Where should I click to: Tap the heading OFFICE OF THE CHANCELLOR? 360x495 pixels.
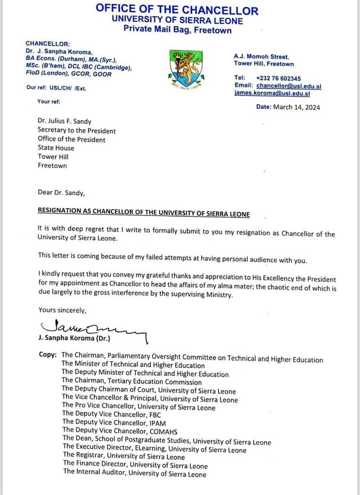click(x=177, y=9)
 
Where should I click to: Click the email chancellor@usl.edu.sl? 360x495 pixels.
click(x=289, y=86)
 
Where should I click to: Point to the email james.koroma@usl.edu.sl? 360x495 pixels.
click(x=272, y=93)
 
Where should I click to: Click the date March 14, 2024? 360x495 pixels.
click(x=288, y=107)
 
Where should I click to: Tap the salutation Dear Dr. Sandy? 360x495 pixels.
click(x=61, y=192)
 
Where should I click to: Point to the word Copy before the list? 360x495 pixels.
click(x=47, y=355)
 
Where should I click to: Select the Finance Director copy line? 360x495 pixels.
click(x=135, y=466)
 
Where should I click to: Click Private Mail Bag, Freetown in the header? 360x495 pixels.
click(x=177, y=30)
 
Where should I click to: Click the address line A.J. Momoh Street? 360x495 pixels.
click(x=261, y=56)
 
